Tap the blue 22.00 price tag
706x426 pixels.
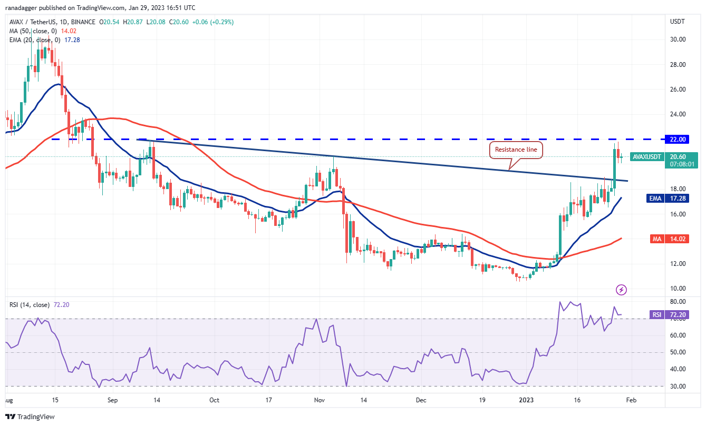point(679,140)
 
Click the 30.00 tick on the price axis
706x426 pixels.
point(678,39)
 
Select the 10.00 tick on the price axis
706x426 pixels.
point(678,289)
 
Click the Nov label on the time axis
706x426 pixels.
point(321,400)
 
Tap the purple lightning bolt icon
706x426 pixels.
point(622,290)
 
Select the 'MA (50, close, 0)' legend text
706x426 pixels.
point(33,31)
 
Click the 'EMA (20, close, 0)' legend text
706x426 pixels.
point(35,39)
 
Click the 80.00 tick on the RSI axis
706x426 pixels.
point(678,302)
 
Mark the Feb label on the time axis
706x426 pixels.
point(631,400)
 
